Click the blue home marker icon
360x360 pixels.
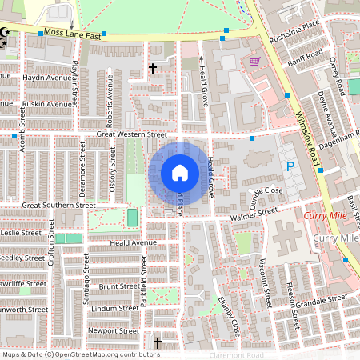[x=180, y=172]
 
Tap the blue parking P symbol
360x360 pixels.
[x=290, y=166]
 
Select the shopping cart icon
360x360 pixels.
[x=254, y=62]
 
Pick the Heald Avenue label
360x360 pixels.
[x=133, y=242]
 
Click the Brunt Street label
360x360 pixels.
[x=118, y=286]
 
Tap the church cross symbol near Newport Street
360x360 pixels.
[x=157, y=343]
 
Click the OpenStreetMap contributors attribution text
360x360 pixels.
[x=80, y=354]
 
